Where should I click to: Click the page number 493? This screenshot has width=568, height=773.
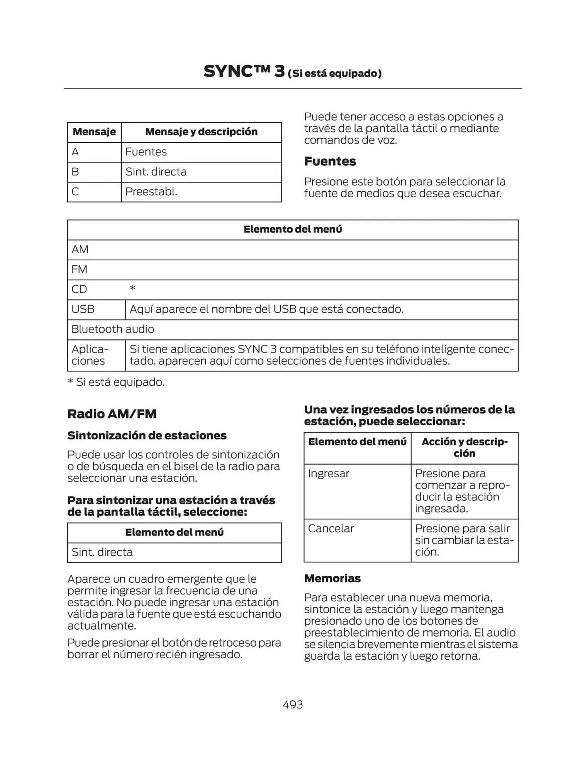tap(293, 704)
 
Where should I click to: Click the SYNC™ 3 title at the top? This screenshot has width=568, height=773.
tap(244, 72)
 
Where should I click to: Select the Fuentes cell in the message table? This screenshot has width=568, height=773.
tap(146, 152)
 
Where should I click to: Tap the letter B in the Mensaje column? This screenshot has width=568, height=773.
tap(75, 172)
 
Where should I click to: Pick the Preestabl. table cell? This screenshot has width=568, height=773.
tap(151, 192)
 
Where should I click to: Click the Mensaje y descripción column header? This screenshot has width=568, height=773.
tap(201, 132)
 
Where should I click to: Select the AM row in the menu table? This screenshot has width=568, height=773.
tap(80, 249)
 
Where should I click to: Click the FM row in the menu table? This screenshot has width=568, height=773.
tap(80, 269)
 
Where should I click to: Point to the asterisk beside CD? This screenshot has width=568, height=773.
tap(132, 288)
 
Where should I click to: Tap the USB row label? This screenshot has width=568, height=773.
tap(83, 309)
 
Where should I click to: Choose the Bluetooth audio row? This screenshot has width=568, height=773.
tap(113, 329)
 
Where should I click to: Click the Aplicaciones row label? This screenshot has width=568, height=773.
tap(90, 355)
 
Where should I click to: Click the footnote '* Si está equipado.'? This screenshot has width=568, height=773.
tap(116, 382)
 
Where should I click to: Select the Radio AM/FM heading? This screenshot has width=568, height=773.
tap(112, 414)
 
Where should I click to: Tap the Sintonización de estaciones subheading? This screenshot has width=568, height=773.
tap(147, 436)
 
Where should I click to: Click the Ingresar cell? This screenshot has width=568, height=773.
tap(329, 473)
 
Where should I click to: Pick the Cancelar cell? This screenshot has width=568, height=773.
tap(331, 528)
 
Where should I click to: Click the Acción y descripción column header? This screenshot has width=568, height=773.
tap(465, 447)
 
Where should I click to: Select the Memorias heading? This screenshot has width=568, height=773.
tap(332, 578)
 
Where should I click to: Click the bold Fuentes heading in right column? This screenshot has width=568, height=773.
tap(330, 161)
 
